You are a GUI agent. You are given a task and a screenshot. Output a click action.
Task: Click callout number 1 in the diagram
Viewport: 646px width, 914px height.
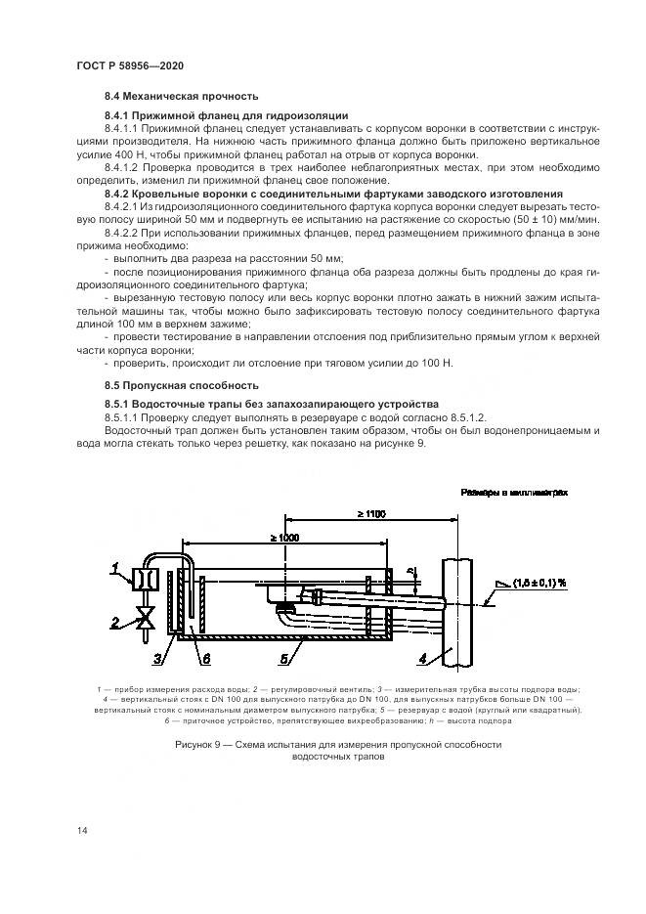(114, 566)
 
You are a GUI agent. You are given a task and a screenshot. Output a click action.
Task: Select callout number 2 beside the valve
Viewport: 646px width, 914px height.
(114, 621)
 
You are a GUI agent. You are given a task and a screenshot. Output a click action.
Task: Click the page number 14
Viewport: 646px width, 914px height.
(82, 830)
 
